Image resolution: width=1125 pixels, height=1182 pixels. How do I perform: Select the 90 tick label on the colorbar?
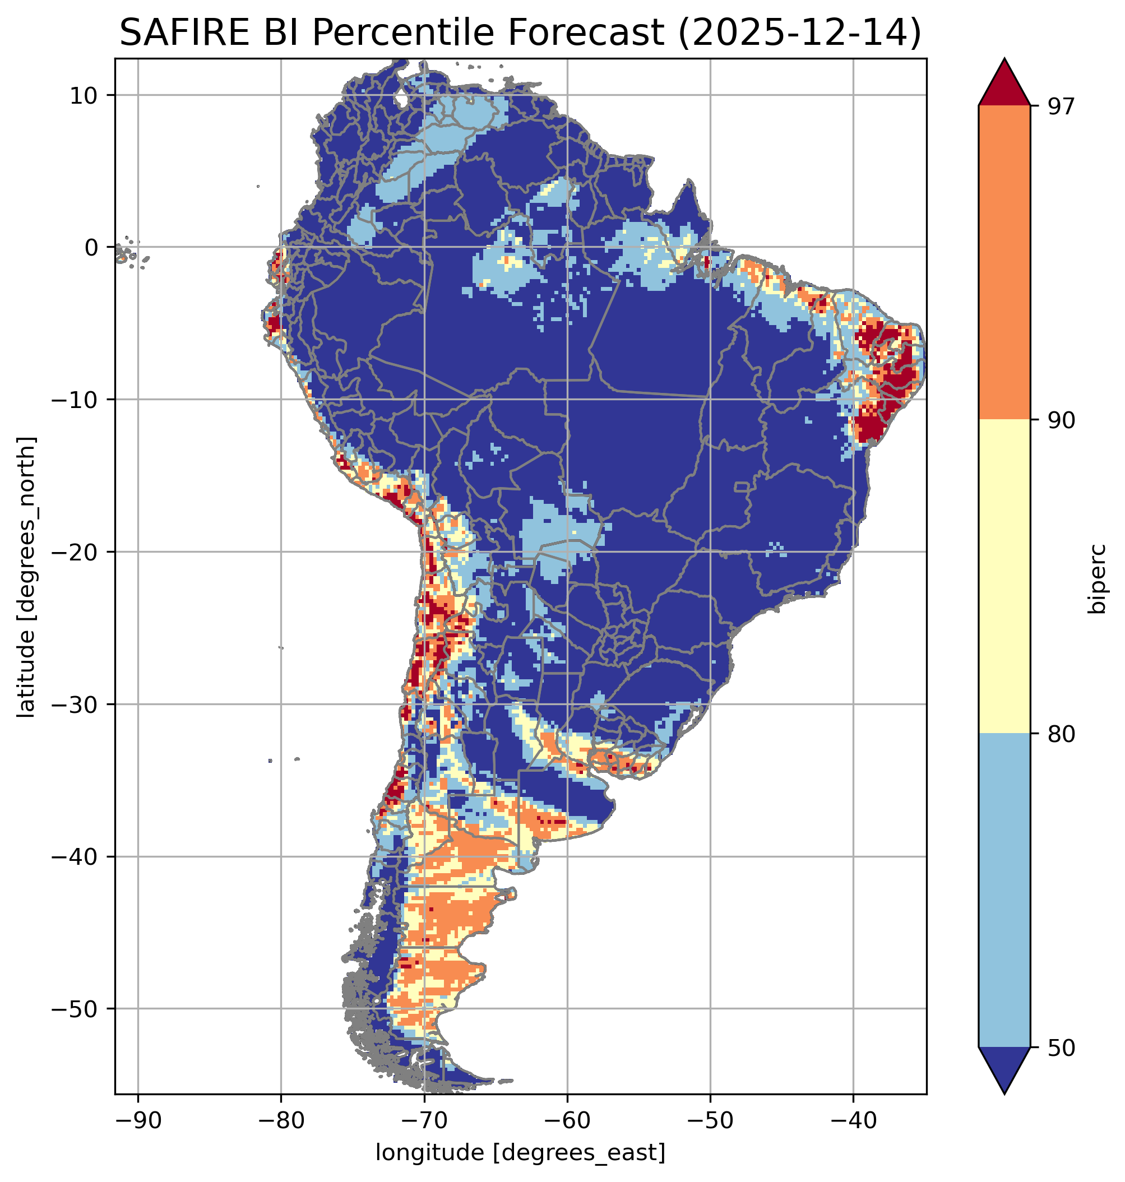tap(1061, 420)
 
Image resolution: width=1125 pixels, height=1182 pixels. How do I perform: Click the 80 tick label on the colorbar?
tap(1061, 734)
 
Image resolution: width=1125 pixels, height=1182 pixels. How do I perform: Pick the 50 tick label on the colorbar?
tap(1061, 1047)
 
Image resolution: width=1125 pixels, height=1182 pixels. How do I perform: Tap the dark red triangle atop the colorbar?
tap(1004, 84)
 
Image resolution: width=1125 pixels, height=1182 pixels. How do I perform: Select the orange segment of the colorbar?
tap(1004, 263)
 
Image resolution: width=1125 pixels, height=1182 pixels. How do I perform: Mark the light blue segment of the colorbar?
tap(1004, 891)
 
